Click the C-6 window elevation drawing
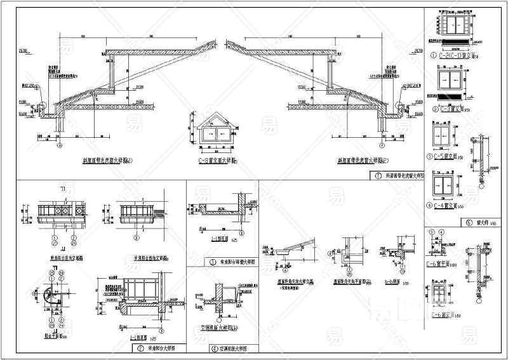tap(443, 296)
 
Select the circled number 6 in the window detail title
tap(469, 223)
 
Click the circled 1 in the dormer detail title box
tap(378, 175)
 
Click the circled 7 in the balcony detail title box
tap(138, 349)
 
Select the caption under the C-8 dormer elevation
tap(216, 161)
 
